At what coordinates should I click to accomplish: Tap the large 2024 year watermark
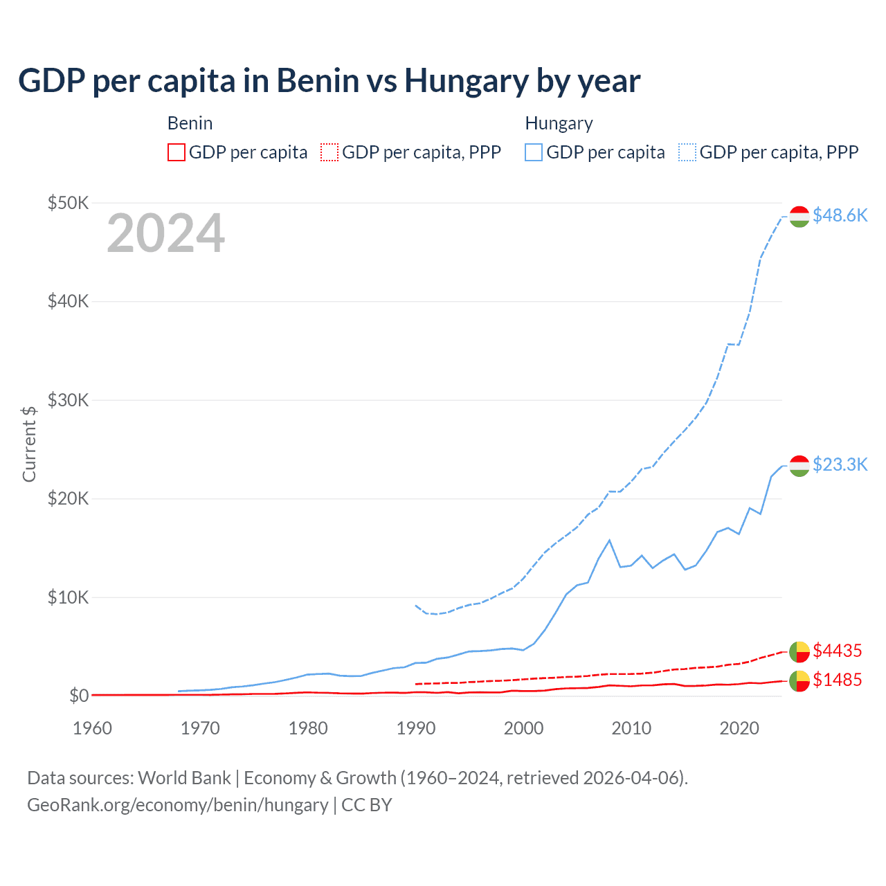pyautogui.click(x=165, y=234)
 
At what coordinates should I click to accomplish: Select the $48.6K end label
pyautogui.click(x=840, y=216)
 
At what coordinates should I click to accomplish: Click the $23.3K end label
pyautogui.click(x=840, y=464)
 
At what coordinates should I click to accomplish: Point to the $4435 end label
pyautogui.click(x=837, y=651)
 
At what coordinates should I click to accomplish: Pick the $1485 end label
pyautogui.click(x=837, y=680)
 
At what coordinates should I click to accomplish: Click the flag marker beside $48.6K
pyautogui.click(x=799, y=216)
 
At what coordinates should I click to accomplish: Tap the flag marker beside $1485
pyautogui.click(x=799, y=681)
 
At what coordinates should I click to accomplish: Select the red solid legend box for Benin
pyautogui.click(x=177, y=152)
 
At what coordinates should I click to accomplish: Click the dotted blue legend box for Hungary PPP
pyautogui.click(x=687, y=152)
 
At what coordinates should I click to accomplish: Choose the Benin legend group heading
pyautogui.click(x=190, y=123)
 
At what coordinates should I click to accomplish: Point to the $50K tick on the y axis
pyautogui.click(x=68, y=203)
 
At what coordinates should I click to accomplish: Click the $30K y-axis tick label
pyautogui.click(x=68, y=400)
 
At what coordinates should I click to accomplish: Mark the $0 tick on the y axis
pyautogui.click(x=78, y=696)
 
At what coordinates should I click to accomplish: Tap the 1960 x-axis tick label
pyautogui.click(x=92, y=728)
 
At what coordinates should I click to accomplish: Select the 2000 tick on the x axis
pyautogui.click(x=523, y=728)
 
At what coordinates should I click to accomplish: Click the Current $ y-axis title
pyautogui.click(x=29, y=444)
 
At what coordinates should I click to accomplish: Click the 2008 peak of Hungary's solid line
pyautogui.click(x=609, y=540)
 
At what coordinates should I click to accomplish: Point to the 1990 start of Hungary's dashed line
pyautogui.click(x=415, y=605)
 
